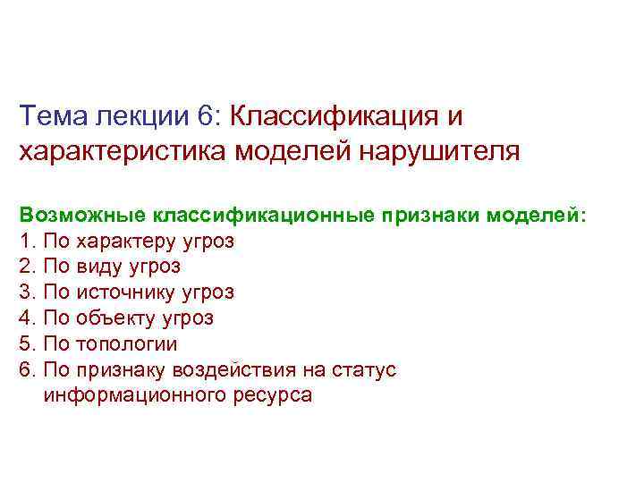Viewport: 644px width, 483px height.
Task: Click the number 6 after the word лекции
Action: pyautogui.click(x=207, y=116)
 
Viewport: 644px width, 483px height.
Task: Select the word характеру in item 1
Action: pyautogui.click(x=132, y=241)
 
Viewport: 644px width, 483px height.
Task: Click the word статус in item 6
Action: pyautogui.click(x=363, y=369)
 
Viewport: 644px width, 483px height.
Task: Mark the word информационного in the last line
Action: pyautogui.click(x=131, y=395)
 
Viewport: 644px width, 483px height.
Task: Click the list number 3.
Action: pyautogui.click(x=26, y=292)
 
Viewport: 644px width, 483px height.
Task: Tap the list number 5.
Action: pyautogui.click(x=26, y=343)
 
